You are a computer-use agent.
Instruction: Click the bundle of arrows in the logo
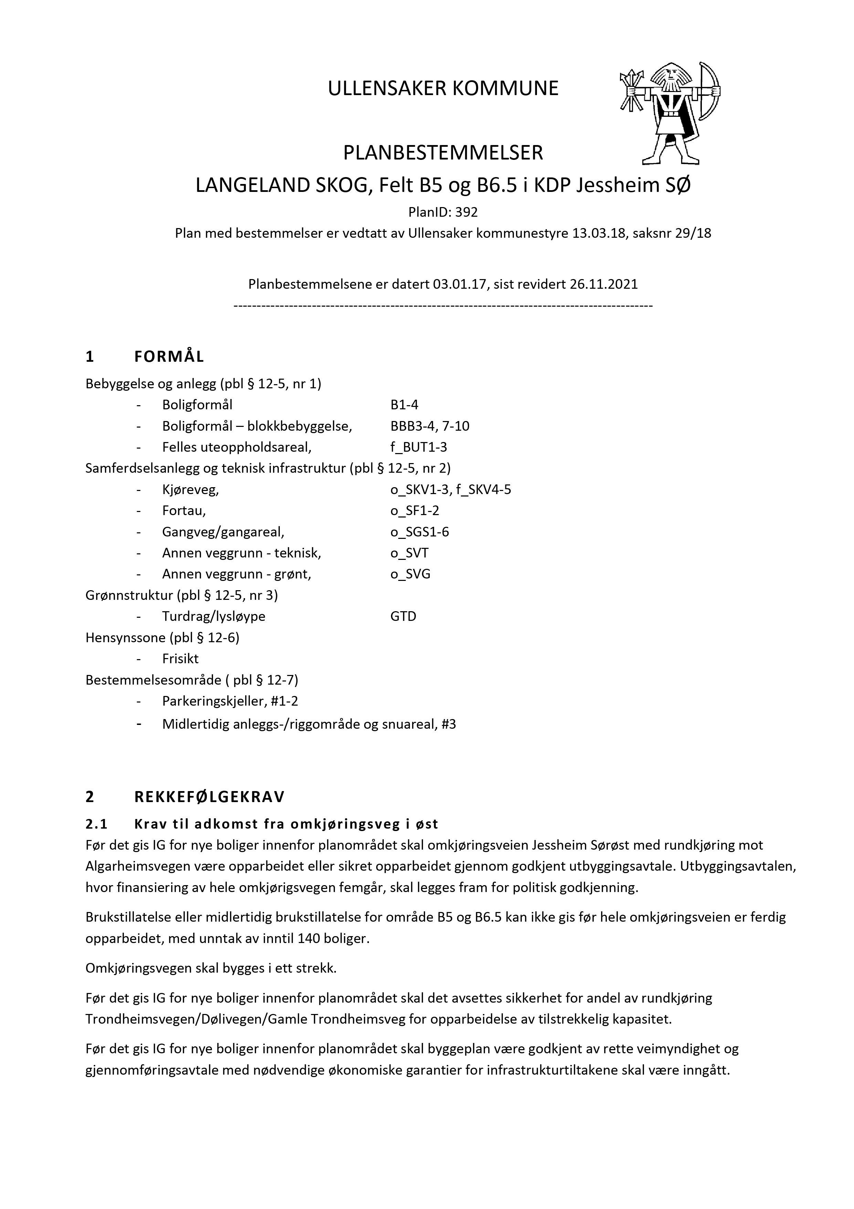tap(630, 91)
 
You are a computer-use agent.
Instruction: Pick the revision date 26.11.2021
tap(603, 284)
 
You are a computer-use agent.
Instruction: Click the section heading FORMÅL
tap(169, 357)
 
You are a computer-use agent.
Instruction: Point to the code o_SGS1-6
tap(419, 532)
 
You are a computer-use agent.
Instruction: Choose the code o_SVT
tap(409, 553)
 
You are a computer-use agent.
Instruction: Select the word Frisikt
tap(180, 659)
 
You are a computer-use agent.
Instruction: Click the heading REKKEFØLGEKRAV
tap(209, 797)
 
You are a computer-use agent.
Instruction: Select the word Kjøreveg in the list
tap(189, 490)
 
